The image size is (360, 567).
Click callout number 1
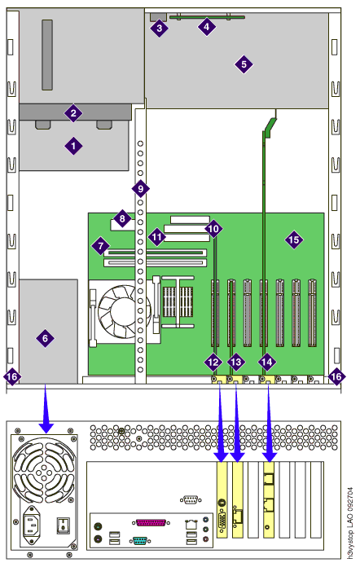[x=73, y=146]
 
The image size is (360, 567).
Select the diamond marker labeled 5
[x=244, y=64]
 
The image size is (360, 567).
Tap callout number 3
[x=160, y=28]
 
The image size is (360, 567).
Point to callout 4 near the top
[x=206, y=26]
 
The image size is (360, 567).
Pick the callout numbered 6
[x=45, y=338]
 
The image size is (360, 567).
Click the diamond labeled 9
[x=140, y=188]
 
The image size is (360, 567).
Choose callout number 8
[x=122, y=218]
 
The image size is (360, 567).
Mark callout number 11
[x=156, y=237]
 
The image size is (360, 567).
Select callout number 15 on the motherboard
[x=293, y=240]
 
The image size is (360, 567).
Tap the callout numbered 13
[x=235, y=362]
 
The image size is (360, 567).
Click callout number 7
[x=100, y=246]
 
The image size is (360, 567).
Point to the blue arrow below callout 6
[x=46, y=409]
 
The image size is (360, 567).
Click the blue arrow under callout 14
[x=269, y=424]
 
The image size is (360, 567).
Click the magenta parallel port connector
[x=151, y=522]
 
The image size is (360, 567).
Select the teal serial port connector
[x=140, y=541]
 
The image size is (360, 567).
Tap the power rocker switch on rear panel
[x=64, y=525]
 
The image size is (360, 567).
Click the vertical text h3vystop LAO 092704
[x=350, y=523]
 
